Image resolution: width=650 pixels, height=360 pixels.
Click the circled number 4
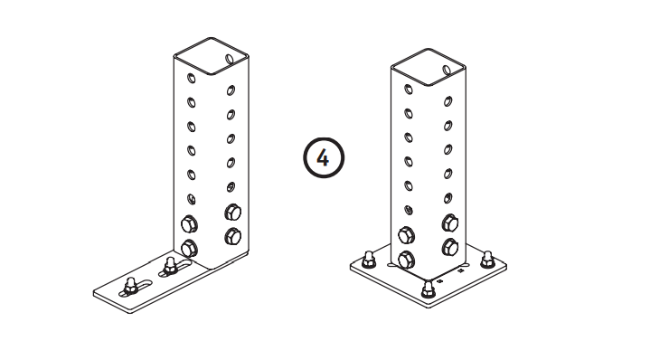tap(324, 158)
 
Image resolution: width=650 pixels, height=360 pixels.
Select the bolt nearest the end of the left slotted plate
tap(130, 285)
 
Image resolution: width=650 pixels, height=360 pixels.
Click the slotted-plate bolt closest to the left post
tap(170, 266)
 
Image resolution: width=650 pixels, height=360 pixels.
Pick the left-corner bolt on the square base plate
tap(368, 260)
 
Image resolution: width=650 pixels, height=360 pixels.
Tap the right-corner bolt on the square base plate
tap(487, 260)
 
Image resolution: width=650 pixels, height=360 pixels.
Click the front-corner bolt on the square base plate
tap(429, 289)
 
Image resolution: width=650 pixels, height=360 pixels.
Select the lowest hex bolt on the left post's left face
tap(190, 249)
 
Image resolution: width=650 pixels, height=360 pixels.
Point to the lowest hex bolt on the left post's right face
tap(233, 237)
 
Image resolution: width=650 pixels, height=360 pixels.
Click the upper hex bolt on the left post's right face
tap(233, 213)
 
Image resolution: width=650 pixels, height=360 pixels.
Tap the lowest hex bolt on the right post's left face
tap(406, 260)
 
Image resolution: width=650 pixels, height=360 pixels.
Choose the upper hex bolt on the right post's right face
tap(450, 223)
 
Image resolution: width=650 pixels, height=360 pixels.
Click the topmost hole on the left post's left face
tap(191, 78)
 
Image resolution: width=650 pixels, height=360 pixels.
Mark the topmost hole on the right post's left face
tap(409, 90)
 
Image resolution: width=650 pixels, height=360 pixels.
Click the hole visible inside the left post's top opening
tap(230, 59)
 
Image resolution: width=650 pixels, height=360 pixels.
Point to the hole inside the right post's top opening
tap(447, 70)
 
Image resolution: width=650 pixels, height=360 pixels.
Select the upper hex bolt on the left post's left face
tap(190, 224)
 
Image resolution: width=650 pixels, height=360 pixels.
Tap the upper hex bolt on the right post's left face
tap(406, 235)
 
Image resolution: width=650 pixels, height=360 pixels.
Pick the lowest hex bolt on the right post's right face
tap(450, 248)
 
